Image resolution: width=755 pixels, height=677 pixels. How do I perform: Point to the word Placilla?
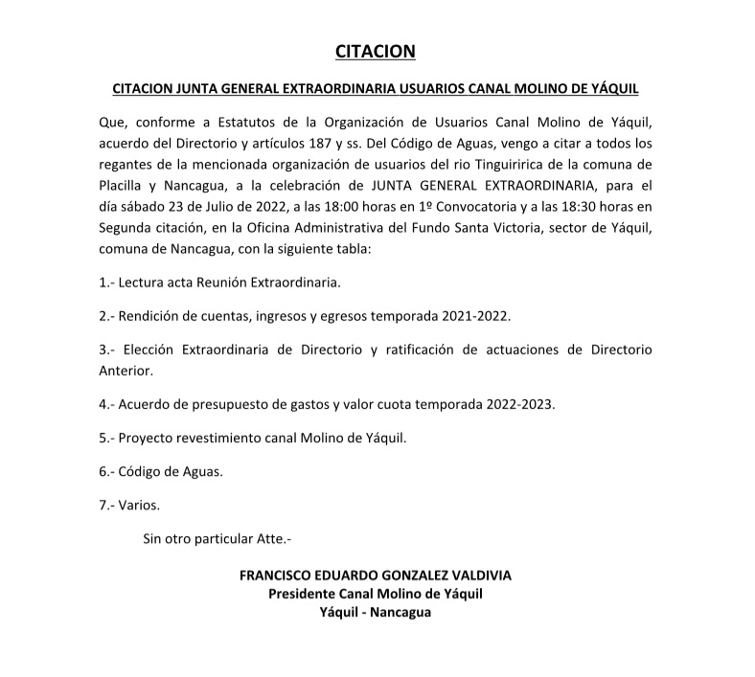124,186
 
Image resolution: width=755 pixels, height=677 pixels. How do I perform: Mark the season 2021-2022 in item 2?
476,315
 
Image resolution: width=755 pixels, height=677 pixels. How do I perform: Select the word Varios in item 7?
139,505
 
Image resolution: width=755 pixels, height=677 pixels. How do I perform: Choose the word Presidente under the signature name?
307,594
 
